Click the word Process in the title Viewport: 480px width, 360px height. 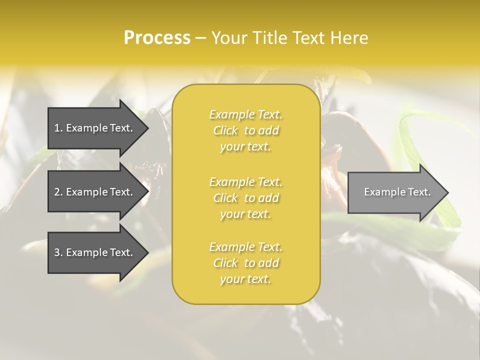click(157, 38)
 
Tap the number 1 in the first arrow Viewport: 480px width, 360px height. click(57, 128)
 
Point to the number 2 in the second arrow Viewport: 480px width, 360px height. click(57, 192)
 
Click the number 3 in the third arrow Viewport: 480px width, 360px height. click(57, 252)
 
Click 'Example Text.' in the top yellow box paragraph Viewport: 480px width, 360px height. click(245, 114)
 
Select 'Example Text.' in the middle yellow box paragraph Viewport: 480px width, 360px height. click(245, 181)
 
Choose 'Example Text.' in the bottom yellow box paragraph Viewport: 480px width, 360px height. click(245, 247)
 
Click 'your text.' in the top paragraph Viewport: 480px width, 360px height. click(245, 147)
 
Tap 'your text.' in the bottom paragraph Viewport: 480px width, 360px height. click(245, 279)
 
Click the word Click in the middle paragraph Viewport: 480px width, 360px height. click(225, 198)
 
